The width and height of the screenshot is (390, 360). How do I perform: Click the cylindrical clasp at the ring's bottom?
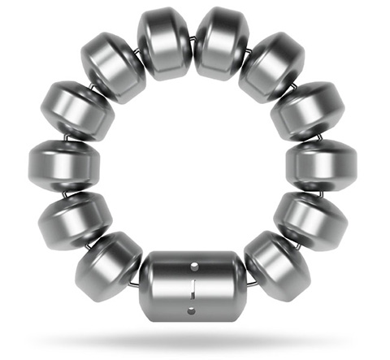[x=193, y=288]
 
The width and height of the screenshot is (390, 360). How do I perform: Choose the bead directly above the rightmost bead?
[x=312, y=111]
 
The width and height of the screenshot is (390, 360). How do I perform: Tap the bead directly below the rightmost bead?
[x=314, y=218]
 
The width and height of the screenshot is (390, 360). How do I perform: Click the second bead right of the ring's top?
[x=273, y=66]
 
